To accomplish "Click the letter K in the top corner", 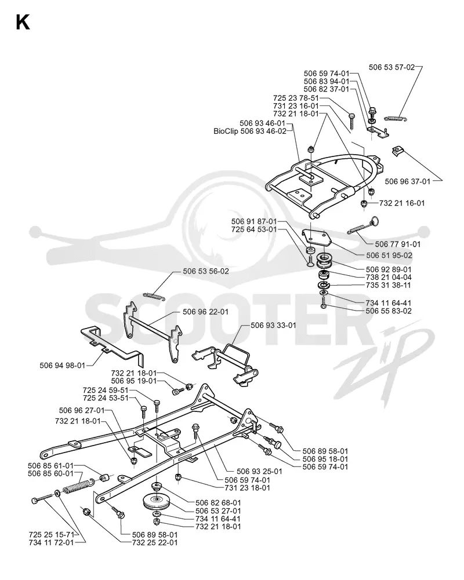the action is pos(23,23).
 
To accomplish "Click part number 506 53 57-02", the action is pos(391,67).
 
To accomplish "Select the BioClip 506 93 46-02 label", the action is pos(250,131).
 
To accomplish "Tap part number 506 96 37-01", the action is pos(408,181).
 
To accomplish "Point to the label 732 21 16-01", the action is pos(402,203).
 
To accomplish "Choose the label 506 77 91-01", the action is pos(398,244).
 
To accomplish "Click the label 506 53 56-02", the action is pos(206,271).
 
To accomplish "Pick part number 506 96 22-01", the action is pos(205,312).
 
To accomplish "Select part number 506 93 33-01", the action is pos(273,325).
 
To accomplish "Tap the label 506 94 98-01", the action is pos(63,366).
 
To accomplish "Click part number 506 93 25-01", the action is pos(259,471).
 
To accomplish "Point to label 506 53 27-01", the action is pos(218,511).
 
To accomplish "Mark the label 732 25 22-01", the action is pos(155,543).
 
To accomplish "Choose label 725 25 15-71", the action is pos(52,534).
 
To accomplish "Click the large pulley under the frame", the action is pos(157,502).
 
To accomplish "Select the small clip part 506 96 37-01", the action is pos(397,151).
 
